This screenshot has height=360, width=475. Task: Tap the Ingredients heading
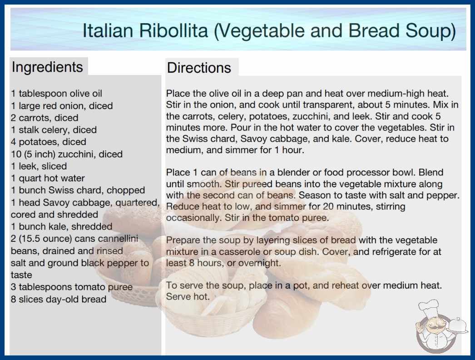coord(47,67)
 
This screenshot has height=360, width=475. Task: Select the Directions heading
coord(199,68)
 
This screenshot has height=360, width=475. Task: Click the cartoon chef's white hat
coord(429,306)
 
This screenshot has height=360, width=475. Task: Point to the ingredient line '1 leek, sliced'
coord(39,166)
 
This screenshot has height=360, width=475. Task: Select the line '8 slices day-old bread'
coord(59,300)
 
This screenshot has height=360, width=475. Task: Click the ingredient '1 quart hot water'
coord(48,178)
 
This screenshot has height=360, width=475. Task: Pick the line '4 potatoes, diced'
coord(49,142)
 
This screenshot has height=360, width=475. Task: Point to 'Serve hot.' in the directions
coord(188,296)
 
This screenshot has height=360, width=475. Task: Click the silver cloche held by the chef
coord(458,325)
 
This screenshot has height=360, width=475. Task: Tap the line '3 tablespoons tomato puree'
coord(72,287)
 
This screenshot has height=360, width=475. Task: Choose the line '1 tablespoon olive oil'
coord(56,94)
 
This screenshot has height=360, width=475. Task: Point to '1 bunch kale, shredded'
coord(61,226)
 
